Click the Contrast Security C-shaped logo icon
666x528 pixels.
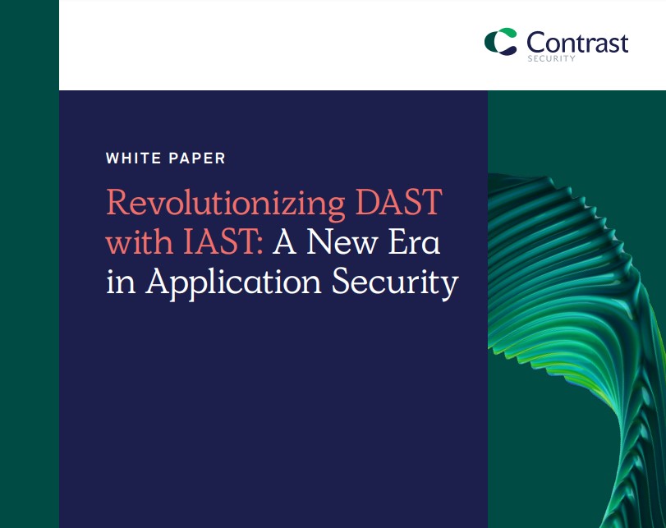[x=501, y=42]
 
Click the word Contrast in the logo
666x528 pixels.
[x=577, y=43]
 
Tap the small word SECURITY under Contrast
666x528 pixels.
[x=551, y=58]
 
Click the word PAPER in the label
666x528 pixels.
[x=197, y=158]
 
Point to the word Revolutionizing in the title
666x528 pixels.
[x=226, y=204]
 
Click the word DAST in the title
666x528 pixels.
[x=399, y=201]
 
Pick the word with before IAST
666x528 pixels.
[x=140, y=241]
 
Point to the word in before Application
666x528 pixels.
[x=121, y=281]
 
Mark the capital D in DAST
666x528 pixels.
[x=368, y=201]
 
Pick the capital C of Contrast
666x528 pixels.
[x=536, y=43]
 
